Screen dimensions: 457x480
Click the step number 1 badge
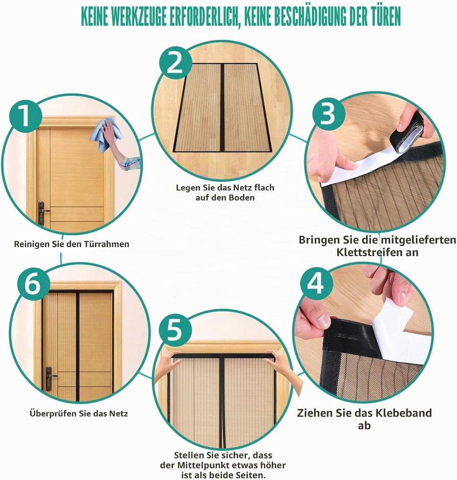[25, 116]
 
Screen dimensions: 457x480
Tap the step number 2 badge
[175, 63]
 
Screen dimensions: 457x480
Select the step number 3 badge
[328, 114]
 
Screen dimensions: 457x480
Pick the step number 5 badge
[175, 330]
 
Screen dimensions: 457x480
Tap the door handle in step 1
[42, 213]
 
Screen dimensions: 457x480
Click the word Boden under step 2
[241, 197]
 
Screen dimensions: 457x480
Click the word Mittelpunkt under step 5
[211, 465]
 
